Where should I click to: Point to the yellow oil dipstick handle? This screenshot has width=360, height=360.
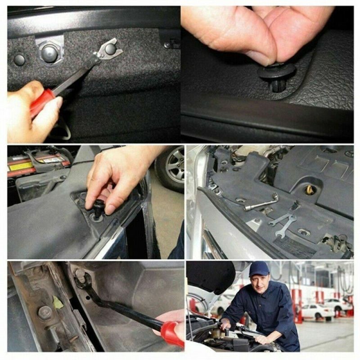tap(310, 190)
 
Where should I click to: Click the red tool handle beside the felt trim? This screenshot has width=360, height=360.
tap(42, 103)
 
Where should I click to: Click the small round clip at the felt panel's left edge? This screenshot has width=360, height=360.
tap(19, 59)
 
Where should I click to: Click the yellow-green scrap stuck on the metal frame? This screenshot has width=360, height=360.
tap(58, 302)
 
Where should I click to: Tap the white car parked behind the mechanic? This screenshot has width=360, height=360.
tap(318, 310)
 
